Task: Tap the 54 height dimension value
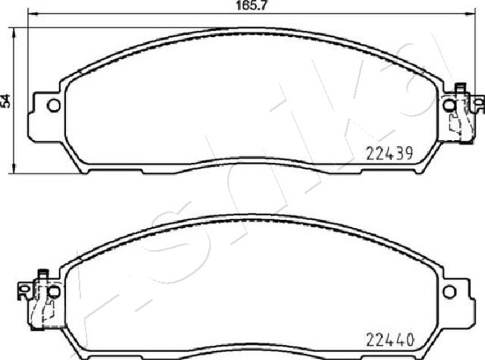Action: tap(5, 101)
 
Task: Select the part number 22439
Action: tap(390, 153)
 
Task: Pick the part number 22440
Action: tap(390, 340)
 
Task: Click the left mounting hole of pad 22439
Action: tap(54, 106)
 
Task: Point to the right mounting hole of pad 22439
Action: tap(449, 105)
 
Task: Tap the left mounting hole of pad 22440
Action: tap(54, 292)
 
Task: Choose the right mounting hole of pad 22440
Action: tap(449, 292)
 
